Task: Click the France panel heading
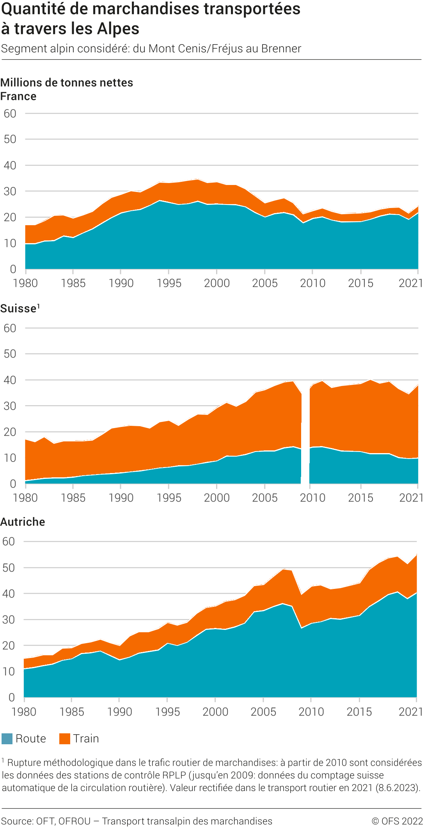(x=18, y=96)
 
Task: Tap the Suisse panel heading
(x=18, y=309)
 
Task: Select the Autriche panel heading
(x=23, y=522)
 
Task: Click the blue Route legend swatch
(x=7, y=739)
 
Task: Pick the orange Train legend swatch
(x=65, y=739)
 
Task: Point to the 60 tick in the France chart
(x=10, y=114)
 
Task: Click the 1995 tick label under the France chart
(x=169, y=283)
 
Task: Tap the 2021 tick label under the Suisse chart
(x=411, y=498)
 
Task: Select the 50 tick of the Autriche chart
(x=9, y=567)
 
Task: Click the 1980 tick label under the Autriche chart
(x=24, y=711)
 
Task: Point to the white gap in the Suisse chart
(x=305, y=437)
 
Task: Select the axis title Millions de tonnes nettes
(x=67, y=83)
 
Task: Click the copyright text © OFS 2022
(x=397, y=821)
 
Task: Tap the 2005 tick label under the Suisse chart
(x=265, y=498)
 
